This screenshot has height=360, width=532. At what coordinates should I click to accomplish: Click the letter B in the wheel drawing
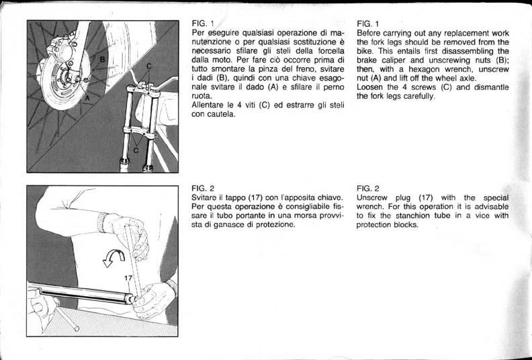click(x=102, y=60)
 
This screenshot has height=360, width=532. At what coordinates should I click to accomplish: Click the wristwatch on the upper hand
click(x=103, y=222)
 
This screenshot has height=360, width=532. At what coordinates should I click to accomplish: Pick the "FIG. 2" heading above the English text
click(x=368, y=188)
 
